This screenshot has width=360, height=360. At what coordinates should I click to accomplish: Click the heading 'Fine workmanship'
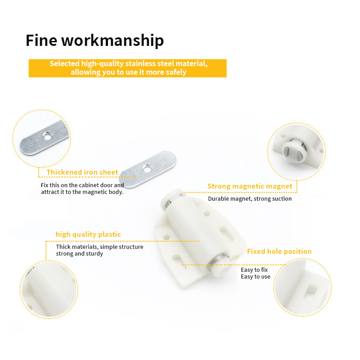coord(94,40)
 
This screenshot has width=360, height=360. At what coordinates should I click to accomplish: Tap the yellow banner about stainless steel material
coord(128,68)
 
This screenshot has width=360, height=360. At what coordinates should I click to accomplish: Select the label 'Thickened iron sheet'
coord(82,172)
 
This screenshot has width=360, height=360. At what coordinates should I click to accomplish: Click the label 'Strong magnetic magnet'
coord(250,186)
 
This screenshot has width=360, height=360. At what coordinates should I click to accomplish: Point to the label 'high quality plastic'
coord(88,234)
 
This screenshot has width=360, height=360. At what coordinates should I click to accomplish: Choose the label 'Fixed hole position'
coord(279,252)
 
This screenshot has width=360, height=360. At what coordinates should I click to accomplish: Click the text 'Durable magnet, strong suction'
coord(250,199)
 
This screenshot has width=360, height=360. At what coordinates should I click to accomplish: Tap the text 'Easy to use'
coord(256,277)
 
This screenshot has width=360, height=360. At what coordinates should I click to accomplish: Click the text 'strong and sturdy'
coord(80,254)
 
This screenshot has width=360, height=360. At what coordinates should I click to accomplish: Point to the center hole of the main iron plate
coord(147,169)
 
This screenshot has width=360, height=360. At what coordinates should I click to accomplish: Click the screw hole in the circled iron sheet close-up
coord(47,136)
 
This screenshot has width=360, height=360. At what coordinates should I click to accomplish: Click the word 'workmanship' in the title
coord(112,40)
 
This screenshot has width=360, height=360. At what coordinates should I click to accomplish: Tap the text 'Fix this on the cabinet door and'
coord(82,185)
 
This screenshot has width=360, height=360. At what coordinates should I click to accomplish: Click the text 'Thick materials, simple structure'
coord(99,247)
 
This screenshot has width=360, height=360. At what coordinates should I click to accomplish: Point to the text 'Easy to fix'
coord(254,270)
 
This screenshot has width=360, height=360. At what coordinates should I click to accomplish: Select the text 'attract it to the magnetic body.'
coord(82,192)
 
